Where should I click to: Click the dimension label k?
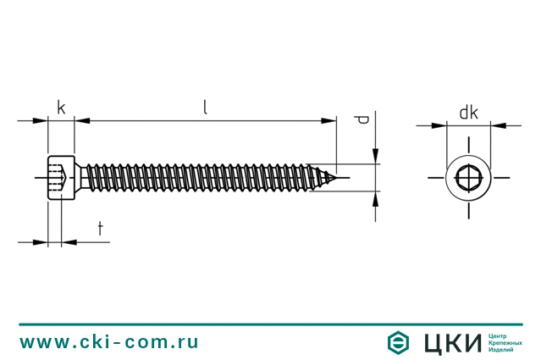pos(61,108)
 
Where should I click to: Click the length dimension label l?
pos(205,107)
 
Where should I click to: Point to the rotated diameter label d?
pos(362,119)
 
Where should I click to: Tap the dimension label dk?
pos(468,113)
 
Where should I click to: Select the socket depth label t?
pos(101,229)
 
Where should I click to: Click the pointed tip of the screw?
pos(335,177)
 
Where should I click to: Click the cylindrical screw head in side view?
pos(61,177)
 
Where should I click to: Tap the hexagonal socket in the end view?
pos(468,178)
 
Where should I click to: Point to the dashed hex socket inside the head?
pos(58,177)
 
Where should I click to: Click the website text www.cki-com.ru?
pos(108,342)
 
